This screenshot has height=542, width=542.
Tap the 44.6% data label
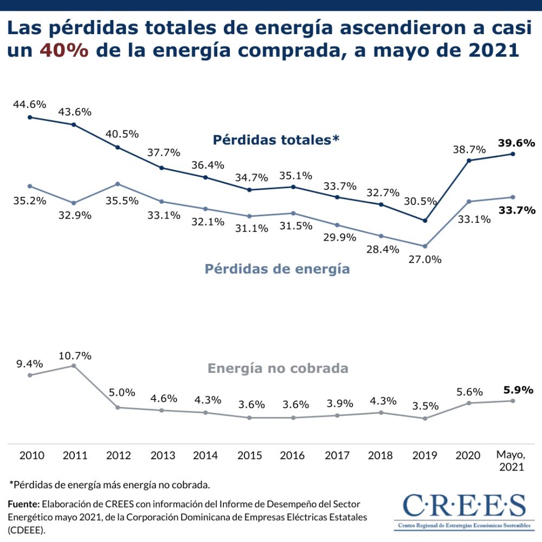(x=30, y=105)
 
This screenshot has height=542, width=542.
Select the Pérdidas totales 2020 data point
(x=469, y=160)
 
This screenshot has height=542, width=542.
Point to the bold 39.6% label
(x=517, y=143)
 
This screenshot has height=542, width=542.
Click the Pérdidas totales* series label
(x=276, y=140)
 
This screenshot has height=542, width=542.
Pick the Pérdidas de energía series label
(x=277, y=268)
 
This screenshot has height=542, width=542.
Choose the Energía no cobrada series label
(x=278, y=369)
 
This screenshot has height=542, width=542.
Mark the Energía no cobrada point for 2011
(x=74, y=366)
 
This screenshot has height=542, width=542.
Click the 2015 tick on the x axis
(x=250, y=455)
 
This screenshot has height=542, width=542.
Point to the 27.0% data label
(x=425, y=259)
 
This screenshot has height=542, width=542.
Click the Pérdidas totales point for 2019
(x=425, y=221)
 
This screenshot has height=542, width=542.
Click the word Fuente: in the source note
(x=24, y=504)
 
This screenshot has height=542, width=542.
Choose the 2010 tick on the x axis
(x=31, y=455)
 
